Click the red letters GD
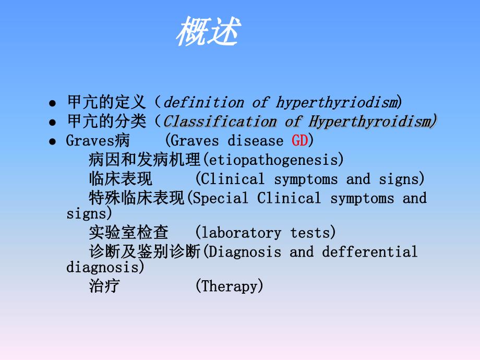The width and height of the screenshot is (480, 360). pyautogui.click(x=300, y=141)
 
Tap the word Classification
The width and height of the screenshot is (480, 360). pyautogui.click(x=220, y=122)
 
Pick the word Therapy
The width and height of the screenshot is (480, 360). pyautogui.click(x=230, y=286)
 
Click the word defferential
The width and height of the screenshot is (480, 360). pyautogui.click(x=369, y=252)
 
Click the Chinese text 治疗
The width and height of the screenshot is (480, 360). pyautogui.click(x=104, y=286)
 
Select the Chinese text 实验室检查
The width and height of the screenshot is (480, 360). pyautogui.click(x=128, y=233)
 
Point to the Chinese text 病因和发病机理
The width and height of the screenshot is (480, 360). pyautogui.click(x=145, y=160)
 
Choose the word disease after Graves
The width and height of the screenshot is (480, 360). pyautogui.click(x=255, y=141)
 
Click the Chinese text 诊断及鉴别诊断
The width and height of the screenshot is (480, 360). pyautogui.click(x=145, y=252)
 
